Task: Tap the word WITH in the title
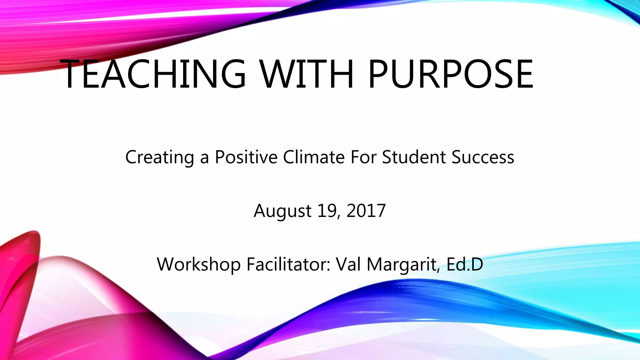click(307, 74)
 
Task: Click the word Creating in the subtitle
click(159, 157)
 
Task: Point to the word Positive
click(246, 157)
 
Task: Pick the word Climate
click(314, 157)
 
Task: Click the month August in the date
click(282, 211)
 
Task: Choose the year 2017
click(366, 211)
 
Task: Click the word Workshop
click(198, 264)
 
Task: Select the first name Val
click(348, 264)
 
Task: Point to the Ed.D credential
click(465, 264)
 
